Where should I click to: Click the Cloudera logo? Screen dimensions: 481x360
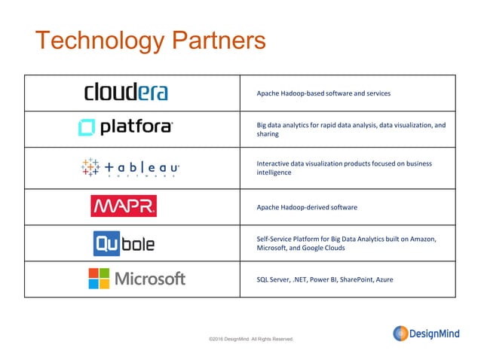[125, 93]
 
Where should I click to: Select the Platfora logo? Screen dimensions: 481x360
[125, 128]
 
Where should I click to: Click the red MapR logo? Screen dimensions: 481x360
[124, 206]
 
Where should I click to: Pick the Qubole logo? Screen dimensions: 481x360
[125, 243]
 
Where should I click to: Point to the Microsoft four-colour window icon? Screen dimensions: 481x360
[98, 279]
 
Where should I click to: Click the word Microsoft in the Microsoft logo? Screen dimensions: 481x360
[149, 279]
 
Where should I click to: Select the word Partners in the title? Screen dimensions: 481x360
[219, 41]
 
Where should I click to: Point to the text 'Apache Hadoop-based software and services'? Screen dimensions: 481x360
[323, 94]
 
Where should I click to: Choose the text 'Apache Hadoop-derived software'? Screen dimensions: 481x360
[307, 207]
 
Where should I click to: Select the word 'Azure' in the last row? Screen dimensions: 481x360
[384, 279]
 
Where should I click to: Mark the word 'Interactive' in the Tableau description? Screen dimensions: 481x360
[274, 163]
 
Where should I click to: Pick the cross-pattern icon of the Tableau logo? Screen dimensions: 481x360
[90, 168]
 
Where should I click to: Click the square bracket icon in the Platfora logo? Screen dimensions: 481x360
[87, 128]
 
